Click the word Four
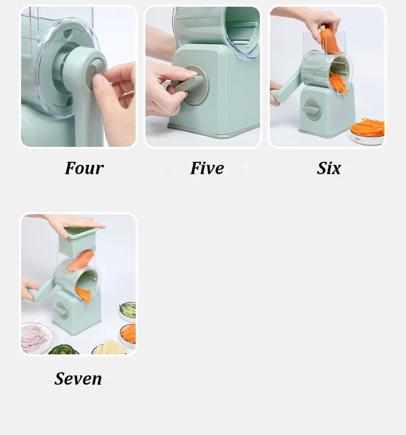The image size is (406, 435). point(84,168)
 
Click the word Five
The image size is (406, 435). point(207,168)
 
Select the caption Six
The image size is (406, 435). point(329,168)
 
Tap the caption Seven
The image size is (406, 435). point(78,379)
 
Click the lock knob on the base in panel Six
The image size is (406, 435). point(311,109)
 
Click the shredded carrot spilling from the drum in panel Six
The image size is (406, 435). point(338,82)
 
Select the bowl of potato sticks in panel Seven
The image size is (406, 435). point(110,348)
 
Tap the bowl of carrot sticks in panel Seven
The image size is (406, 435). point(128,333)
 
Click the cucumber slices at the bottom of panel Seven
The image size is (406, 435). point(64,350)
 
